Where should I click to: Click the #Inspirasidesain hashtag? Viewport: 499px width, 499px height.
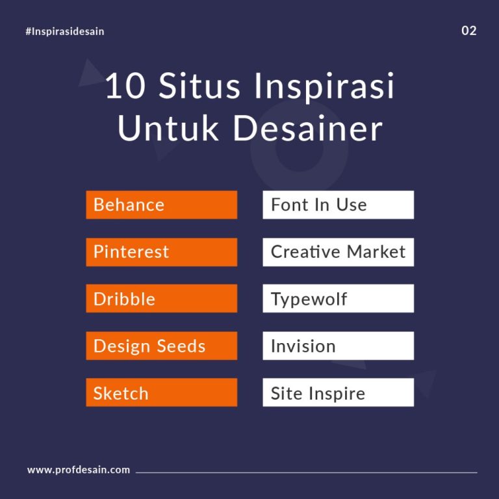65,31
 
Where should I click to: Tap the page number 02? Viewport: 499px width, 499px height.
468,31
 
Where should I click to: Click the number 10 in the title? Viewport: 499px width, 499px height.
125,88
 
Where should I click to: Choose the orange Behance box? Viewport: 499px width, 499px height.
161,205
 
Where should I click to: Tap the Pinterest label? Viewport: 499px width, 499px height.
161,252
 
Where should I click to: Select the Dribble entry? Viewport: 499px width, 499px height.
161,299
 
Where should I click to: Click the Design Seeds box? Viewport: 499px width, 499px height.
161,346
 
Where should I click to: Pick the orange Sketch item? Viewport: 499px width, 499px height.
161,393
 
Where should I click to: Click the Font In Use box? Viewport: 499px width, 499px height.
338,205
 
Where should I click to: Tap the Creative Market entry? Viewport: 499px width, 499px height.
338,252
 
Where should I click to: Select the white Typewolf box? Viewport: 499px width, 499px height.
338,299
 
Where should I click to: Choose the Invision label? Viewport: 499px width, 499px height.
338,346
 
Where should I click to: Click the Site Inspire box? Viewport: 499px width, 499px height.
338,393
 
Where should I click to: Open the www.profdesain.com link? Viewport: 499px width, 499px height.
79,470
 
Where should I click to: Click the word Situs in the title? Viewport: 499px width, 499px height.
201,88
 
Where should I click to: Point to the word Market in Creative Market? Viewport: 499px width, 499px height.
376,252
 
